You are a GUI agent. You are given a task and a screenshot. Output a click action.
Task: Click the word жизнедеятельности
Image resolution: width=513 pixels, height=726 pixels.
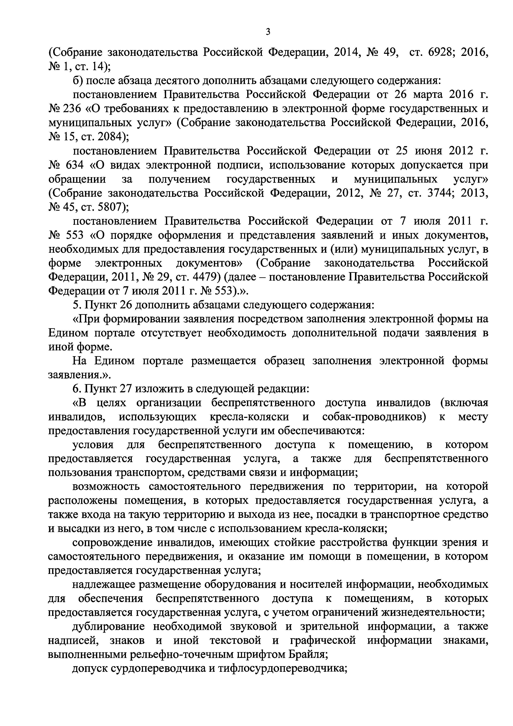point(433,613)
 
